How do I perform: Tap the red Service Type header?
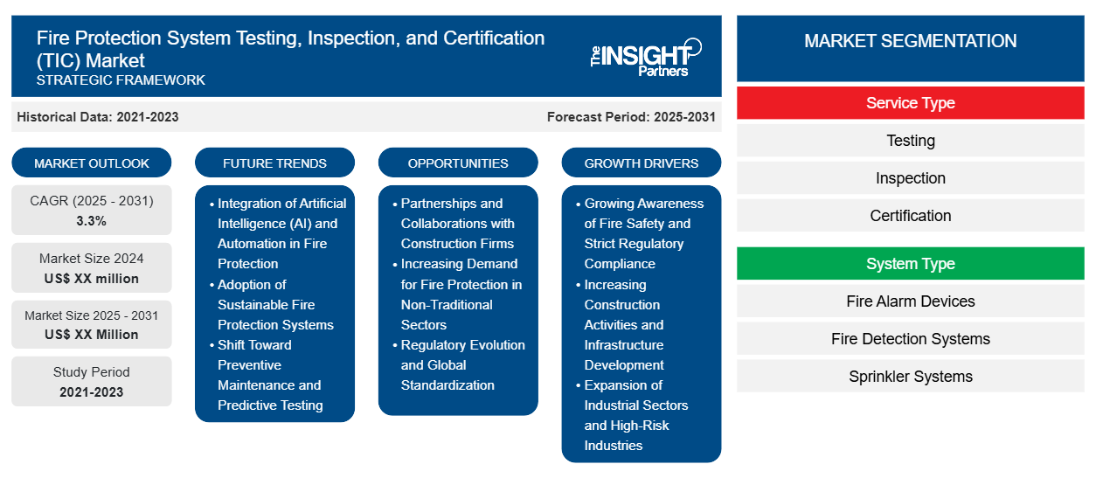(x=910, y=103)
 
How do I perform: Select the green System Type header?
(x=910, y=263)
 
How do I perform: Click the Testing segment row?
(x=910, y=141)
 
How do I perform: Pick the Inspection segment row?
(x=910, y=178)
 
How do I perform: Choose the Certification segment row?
(x=910, y=215)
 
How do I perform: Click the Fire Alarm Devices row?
(x=910, y=301)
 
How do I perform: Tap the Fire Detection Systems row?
(x=910, y=338)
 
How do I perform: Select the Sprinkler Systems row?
(x=910, y=377)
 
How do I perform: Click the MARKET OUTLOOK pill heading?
(x=92, y=163)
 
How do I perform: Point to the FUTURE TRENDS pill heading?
(x=274, y=163)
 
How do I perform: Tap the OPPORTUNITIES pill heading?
(x=458, y=163)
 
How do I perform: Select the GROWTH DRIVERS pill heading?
(x=641, y=163)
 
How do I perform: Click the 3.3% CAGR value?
(x=91, y=221)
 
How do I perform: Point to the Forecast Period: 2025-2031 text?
(x=631, y=117)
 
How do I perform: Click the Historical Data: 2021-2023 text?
(x=97, y=117)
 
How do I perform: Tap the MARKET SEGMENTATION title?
(x=910, y=40)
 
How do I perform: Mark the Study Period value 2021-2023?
(x=91, y=392)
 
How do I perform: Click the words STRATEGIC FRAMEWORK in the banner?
(x=121, y=80)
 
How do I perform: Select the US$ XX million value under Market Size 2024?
(x=91, y=279)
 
